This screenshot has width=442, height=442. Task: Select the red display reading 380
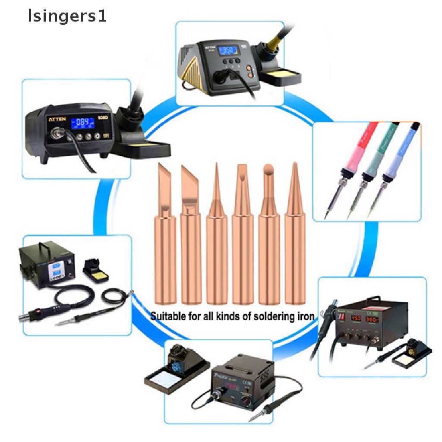[x=373, y=320]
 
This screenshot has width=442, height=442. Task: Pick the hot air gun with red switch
[x=37, y=312]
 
